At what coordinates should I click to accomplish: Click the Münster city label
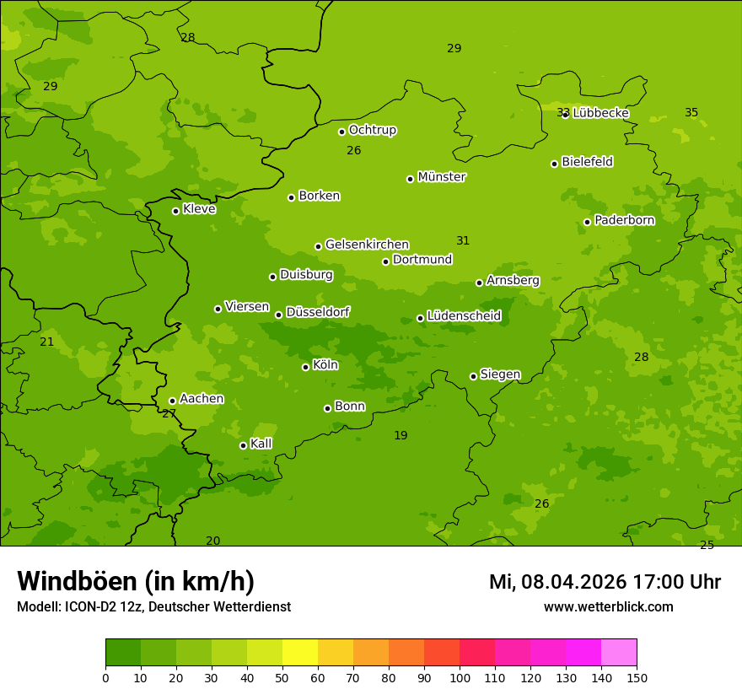pyautogui.click(x=442, y=177)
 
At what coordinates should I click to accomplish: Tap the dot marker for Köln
pyautogui.click(x=305, y=367)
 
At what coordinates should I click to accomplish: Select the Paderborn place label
pyautogui.click(x=624, y=220)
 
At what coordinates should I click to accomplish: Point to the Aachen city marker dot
pyautogui.click(x=172, y=401)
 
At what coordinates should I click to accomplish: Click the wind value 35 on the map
pyautogui.click(x=691, y=112)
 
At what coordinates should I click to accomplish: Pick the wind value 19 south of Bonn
pyautogui.click(x=401, y=435)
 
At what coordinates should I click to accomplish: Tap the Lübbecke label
pyautogui.click(x=600, y=113)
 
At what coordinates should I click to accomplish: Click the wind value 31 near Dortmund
pyautogui.click(x=463, y=240)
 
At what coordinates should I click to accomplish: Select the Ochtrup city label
pyautogui.click(x=373, y=130)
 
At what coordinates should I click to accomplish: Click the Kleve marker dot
pyautogui.click(x=175, y=211)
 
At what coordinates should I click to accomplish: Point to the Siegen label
pyautogui.click(x=500, y=374)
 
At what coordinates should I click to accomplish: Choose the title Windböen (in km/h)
pyautogui.click(x=136, y=581)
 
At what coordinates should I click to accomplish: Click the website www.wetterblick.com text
pyautogui.click(x=608, y=606)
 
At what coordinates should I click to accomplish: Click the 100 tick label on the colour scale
pyautogui.click(x=460, y=677)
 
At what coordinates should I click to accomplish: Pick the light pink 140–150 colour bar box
pyautogui.click(x=619, y=653)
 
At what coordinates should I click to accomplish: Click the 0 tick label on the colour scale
pyautogui.click(x=105, y=677)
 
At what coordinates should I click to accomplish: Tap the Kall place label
pyautogui.click(x=261, y=444)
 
